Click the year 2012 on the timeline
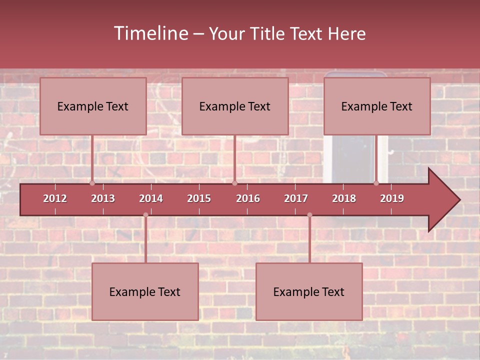[55, 198]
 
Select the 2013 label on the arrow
[103, 198]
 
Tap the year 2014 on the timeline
[151, 198]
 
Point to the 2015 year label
[199, 198]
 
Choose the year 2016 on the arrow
[248, 198]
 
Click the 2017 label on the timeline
[296, 198]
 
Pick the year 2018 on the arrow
[344, 198]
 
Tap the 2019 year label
[392, 198]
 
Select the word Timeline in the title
[150, 33]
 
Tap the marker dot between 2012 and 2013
[92, 183]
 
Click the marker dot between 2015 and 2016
[234, 183]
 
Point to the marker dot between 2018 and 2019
[376, 183]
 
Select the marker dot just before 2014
[145, 215]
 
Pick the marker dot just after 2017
[309, 215]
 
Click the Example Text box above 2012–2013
[93, 106]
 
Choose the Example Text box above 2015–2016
[235, 106]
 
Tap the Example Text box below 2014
[145, 291]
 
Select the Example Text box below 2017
[309, 291]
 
